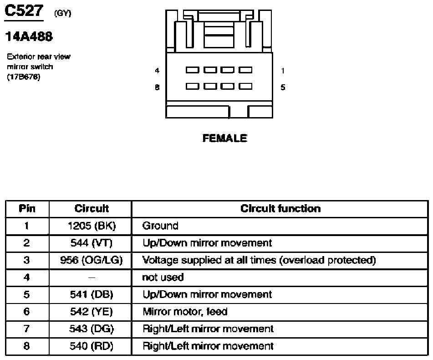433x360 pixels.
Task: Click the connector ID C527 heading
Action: (x=24, y=11)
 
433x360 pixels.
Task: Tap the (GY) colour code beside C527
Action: (x=63, y=13)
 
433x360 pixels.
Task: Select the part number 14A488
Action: (x=29, y=36)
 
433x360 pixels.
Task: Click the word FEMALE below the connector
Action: (x=225, y=138)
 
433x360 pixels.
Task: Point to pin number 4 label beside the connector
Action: (x=157, y=71)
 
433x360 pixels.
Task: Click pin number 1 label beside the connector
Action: (x=282, y=71)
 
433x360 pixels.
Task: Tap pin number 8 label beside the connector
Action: (x=157, y=87)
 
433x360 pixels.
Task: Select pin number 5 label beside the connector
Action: (x=283, y=87)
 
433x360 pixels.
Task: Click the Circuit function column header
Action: (x=280, y=209)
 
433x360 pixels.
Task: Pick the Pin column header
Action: (x=27, y=209)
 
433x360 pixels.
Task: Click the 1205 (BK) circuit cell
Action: (x=92, y=226)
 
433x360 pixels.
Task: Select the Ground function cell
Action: (x=160, y=226)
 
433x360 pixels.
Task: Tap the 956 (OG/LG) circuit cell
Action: (x=92, y=260)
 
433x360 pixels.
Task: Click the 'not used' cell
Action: (x=163, y=277)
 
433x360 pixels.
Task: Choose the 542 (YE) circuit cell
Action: (x=92, y=312)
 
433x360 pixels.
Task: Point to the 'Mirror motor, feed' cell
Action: (x=185, y=312)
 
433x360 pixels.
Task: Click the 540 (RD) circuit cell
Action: (x=92, y=346)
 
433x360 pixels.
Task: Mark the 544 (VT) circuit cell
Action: (x=92, y=243)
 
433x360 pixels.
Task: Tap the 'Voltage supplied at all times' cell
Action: (x=259, y=260)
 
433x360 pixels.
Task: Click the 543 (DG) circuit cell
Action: (x=92, y=329)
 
